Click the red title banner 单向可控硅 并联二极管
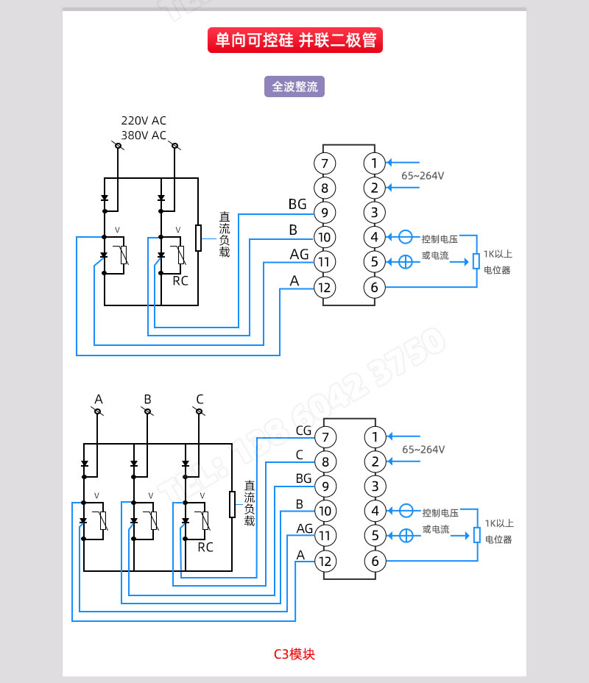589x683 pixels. pos(294,40)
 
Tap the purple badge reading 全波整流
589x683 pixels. pos(294,86)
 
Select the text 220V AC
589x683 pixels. pos(144,121)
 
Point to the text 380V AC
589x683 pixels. pos(144,135)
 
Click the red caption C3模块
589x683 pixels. pos(294,654)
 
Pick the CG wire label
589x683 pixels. pos(303,431)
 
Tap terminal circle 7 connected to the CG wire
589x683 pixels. pos(325,438)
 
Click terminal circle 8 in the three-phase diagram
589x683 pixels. pos(325,462)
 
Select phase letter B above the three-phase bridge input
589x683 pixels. pos(147,400)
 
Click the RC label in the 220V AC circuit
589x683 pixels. pos(180,280)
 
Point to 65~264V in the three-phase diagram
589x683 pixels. pos(423,450)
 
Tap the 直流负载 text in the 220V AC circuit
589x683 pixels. pos(225,235)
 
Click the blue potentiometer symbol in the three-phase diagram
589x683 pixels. pos(477,535)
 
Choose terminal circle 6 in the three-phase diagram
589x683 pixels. pos(375,562)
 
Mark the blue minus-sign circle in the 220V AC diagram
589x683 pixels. pos(405,237)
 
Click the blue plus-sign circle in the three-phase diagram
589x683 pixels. pos(406,535)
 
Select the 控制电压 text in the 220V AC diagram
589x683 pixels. pos(440,239)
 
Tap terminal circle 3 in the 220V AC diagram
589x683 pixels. pos(374,213)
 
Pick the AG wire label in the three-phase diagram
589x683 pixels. pos(305,528)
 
